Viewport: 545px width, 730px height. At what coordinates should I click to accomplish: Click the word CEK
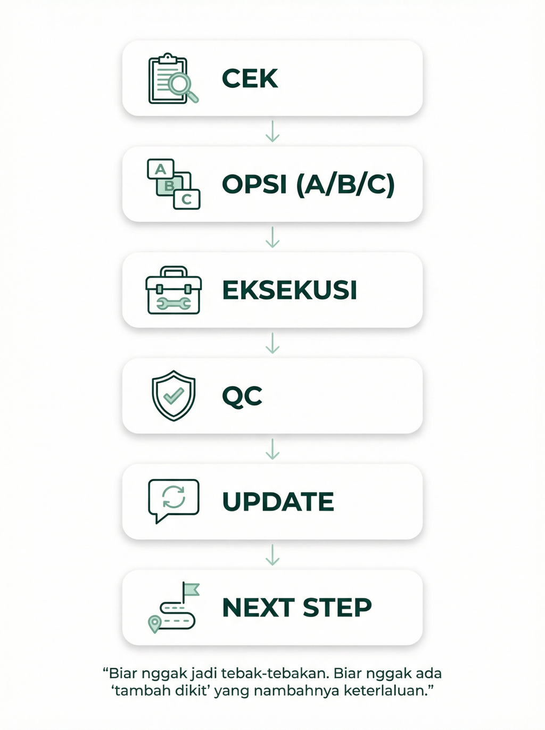[x=250, y=79]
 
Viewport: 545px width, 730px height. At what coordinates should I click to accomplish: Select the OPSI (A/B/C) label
[x=308, y=185]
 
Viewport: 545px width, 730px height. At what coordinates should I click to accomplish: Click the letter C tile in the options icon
[x=187, y=200]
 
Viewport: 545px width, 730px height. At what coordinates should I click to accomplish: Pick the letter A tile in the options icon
[x=160, y=169]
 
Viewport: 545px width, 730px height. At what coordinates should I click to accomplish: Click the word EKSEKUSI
[x=289, y=291]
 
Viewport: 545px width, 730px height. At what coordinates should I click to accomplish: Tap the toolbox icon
[x=174, y=291]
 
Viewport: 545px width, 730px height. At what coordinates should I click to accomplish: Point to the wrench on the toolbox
[x=174, y=304]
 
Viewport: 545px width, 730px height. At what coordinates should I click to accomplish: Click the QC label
[x=242, y=396]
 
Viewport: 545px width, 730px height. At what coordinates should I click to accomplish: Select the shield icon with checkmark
[x=174, y=396]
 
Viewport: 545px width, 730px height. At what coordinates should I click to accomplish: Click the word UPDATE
[x=278, y=502]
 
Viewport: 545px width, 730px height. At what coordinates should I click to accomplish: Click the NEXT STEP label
[x=296, y=608]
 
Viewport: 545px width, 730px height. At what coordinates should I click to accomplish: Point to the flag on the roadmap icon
[x=191, y=590]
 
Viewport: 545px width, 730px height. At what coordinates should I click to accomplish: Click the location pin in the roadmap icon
[x=154, y=623]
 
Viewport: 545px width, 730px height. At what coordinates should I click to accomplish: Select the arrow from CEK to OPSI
[x=272, y=131]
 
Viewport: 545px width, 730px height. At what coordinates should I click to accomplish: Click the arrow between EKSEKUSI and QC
[x=272, y=343]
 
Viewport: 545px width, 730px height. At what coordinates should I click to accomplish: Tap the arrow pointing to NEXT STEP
[x=272, y=555]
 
